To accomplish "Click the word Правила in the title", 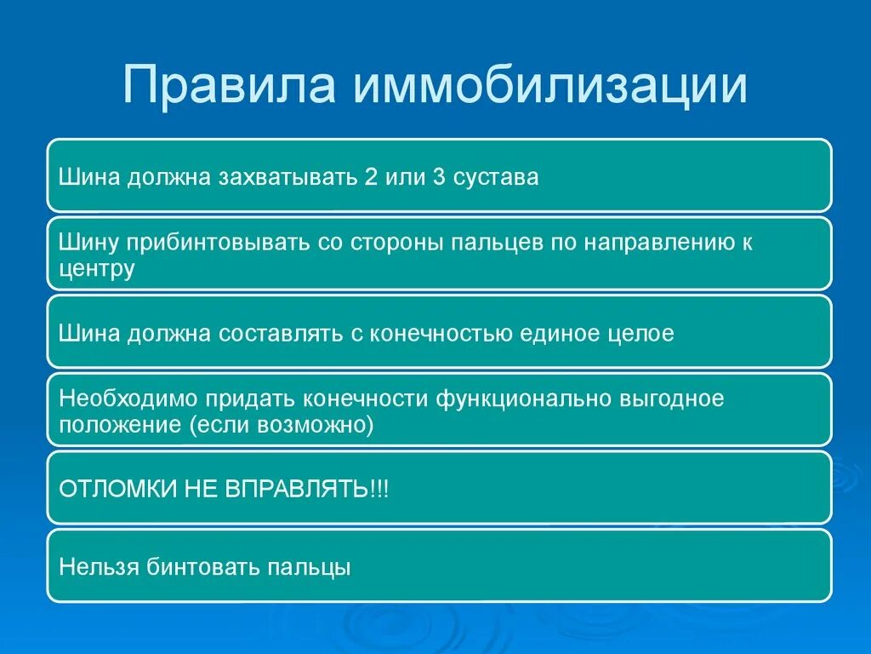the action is [x=229, y=85].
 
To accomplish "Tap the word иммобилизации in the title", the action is [x=550, y=85].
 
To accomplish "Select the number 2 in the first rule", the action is [x=371, y=177].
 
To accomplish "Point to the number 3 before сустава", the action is [x=439, y=177].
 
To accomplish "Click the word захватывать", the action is [x=287, y=178].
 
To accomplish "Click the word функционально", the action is [x=523, y=399].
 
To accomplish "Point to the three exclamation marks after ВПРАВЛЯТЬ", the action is [x=379, y=490].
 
